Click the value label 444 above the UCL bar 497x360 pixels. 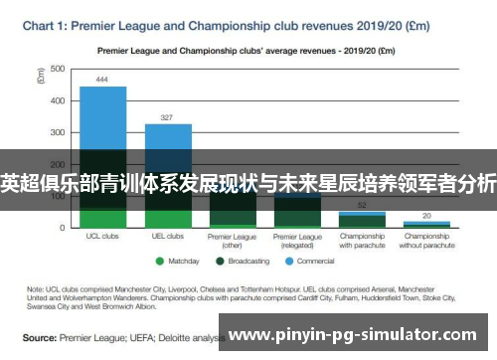pos(102,79)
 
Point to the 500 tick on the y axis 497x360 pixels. pos(58,69)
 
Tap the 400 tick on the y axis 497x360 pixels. pos(58,100)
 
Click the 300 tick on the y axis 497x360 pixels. pos(58,132)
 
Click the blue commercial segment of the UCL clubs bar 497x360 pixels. pos(102,114)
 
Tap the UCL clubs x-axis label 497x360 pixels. pos(102,237)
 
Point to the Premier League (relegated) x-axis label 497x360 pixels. pos(297,241)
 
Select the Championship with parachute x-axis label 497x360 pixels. pos(362,241)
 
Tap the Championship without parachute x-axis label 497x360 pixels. pos(426,241)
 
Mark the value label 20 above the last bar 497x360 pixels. pos(426,215)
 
